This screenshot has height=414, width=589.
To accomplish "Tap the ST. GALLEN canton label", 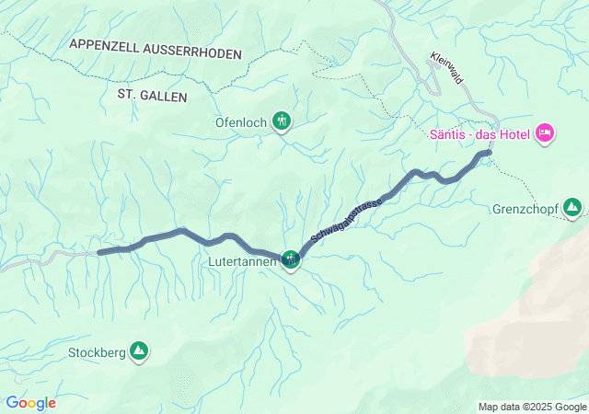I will click(x=153, y=96).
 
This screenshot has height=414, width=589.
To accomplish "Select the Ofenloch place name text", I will click(x=240, y=120).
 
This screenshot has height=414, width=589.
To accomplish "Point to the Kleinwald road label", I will click(x=447, y=70).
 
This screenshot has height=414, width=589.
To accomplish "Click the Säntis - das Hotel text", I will click(x=479, y=134).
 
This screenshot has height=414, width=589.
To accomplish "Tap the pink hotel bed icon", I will click(x=545, y=134).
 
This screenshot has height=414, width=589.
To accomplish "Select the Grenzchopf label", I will click(x=525, y=207).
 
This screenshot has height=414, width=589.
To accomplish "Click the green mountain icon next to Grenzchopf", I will click(x=572, y=207).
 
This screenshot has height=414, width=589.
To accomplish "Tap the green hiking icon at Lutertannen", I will click(x=291, y=259).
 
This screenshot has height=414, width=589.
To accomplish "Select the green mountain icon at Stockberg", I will click(x=139, y=351).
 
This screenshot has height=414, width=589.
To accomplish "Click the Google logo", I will click(x=30, y=403).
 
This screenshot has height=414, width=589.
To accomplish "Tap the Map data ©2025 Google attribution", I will click(x=532, y=407).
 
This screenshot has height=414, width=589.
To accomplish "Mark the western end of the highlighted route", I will click(x=99, y=251).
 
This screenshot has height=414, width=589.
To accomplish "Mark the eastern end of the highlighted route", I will click(x=489, y=152).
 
